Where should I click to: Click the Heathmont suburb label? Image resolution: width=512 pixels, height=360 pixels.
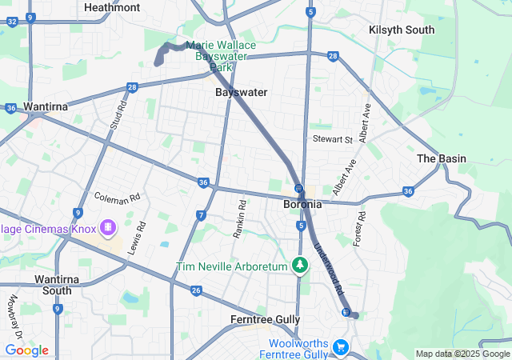tap(112, 7)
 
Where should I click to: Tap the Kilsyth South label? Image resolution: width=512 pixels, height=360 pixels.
tap(402, 30)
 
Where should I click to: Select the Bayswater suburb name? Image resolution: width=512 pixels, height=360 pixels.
tap(241, 92)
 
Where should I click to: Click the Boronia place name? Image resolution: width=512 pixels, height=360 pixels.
tap(302, 204)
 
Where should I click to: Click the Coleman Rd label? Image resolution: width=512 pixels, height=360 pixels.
tap(117, 196)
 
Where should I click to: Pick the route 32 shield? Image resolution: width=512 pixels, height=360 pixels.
tap(12, 22)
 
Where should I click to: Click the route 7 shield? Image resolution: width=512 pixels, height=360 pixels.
tap(200, 215)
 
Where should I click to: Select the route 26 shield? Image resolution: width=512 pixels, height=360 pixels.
tap(196, 290)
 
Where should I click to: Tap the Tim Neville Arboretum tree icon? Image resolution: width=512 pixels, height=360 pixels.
tap(300, 265)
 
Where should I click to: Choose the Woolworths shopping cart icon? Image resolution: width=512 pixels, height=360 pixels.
tap(341, 347)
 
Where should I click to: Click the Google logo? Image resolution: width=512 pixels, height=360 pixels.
tap(26, 350)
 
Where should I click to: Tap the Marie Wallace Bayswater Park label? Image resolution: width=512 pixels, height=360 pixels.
tap(221, 57)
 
